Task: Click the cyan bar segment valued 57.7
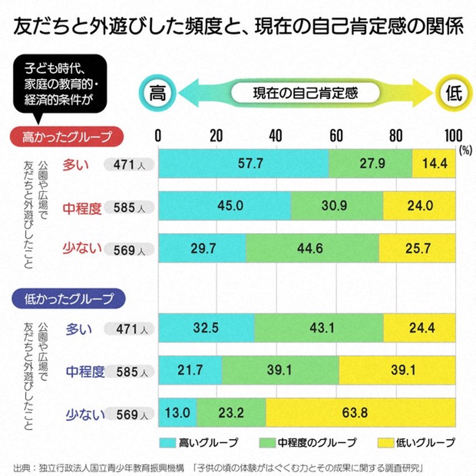pos(243,164)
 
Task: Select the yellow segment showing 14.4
pos(434,164)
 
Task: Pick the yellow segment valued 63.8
pos(360,413)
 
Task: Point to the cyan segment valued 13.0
pos(177,413)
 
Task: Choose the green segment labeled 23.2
pos(231,413)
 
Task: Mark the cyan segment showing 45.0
pos(224,206)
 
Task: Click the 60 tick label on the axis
pos(336,135)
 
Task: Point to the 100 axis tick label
pos(454,135)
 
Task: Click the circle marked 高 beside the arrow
pos(157,93)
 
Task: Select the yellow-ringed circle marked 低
pos(454,93)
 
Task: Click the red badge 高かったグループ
pos(69,137)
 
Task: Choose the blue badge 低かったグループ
pos(69,299)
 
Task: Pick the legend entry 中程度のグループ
pos(308,443)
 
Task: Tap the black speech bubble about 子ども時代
pos(60,83)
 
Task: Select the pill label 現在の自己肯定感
pos(305,93)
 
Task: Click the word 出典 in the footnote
pos(21,466)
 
